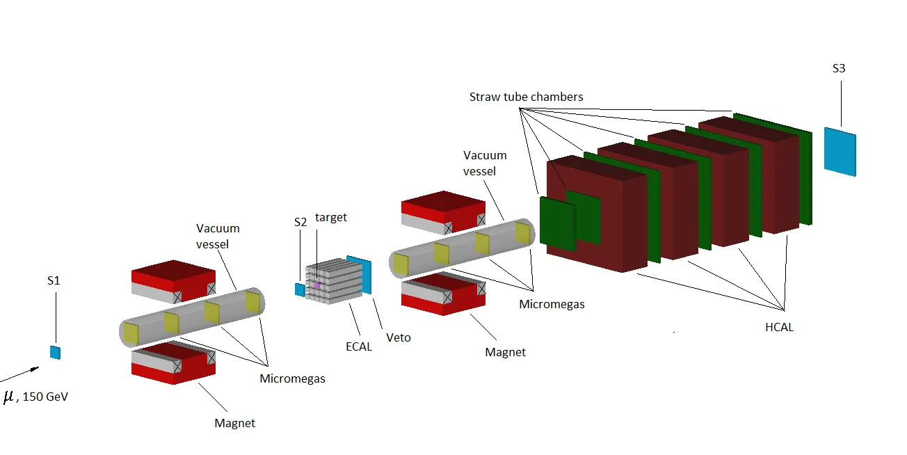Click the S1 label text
coord(54,280)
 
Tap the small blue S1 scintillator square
coord(55,352)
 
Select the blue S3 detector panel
coord(840,151)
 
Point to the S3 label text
coord(840,69)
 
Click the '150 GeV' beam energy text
coord(46,397)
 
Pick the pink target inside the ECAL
coord(317,285)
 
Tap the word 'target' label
coord(331,218)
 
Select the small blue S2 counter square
coord(299,289)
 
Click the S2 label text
coord(300,222)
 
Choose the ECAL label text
coord(359,346)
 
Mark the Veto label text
coord(399,337)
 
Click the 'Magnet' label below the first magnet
coord(235,423)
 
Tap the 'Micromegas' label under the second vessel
coord(552,304)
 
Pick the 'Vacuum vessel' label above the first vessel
coord(218,236)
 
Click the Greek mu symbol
coord(9,397)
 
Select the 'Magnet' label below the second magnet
coord(505,352)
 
